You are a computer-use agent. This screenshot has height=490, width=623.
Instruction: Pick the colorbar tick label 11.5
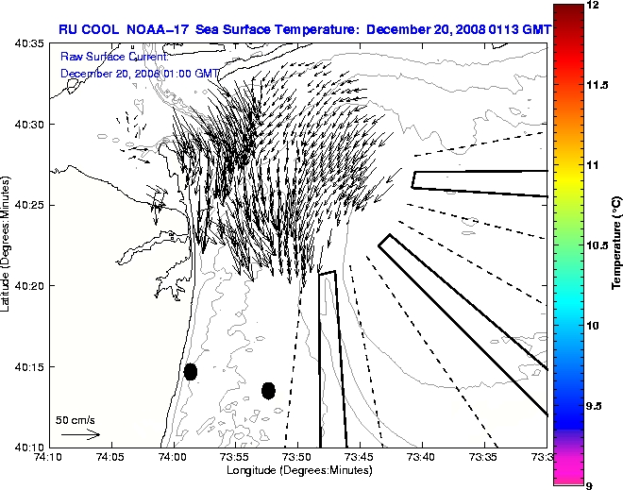tap(597, 85)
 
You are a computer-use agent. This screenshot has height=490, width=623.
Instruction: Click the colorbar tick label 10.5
tap(597, 245)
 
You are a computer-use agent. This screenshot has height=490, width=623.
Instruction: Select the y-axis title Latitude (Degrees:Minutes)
tap(8, 245)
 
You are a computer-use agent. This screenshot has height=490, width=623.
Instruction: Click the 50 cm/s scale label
tap(76, 419)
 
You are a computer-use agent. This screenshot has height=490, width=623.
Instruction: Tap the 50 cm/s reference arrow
tap(80, 434)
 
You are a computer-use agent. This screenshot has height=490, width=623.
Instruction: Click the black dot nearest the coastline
tap(191, 371)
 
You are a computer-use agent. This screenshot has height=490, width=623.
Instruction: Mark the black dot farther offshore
tap(268, 390)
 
